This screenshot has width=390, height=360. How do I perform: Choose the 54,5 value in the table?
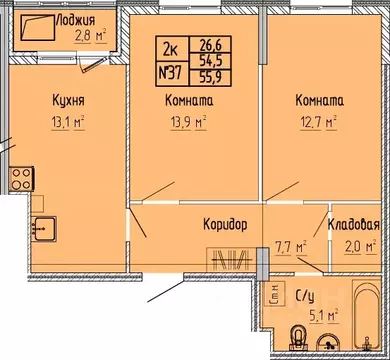click(212, 57)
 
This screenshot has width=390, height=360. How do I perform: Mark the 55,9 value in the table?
click(212, 73)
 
